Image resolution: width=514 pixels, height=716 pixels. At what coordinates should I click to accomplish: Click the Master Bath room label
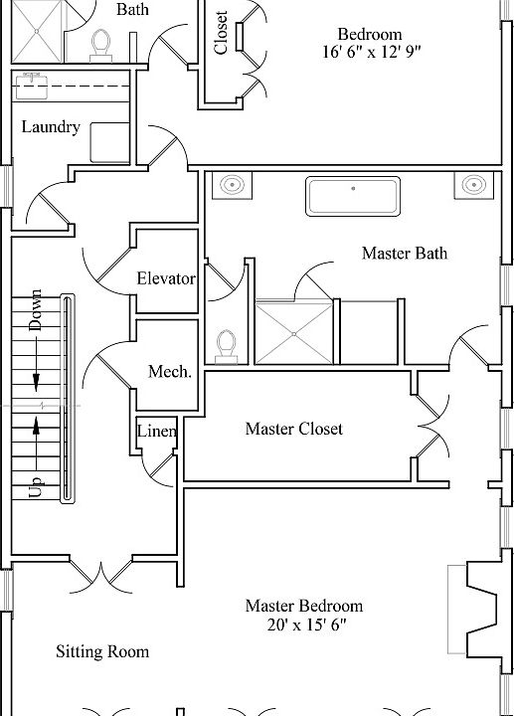[404, 254]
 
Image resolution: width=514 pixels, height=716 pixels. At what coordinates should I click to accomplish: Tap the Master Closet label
[293, 429]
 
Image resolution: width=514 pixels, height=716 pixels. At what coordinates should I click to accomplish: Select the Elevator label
[166, 278]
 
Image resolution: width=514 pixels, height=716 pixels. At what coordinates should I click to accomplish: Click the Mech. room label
[169, 371]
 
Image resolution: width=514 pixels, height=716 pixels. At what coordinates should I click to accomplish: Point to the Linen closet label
[157, 432]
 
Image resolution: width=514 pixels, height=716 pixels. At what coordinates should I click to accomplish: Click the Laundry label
[51, 127]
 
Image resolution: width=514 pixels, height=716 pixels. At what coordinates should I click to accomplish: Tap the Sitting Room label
[101, 651]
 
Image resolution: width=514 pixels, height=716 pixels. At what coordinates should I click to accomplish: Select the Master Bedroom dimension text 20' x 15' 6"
[303, 626]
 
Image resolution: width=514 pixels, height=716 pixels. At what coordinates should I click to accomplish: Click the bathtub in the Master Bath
[353, 196]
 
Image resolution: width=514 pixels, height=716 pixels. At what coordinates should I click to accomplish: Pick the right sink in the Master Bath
[474, 185]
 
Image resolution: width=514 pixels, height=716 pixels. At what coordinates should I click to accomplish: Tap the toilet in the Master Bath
[227, 344]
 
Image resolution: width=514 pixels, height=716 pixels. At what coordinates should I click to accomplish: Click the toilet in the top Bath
[100, 43]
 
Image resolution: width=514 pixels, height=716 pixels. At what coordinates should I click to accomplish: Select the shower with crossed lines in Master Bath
[294, 333]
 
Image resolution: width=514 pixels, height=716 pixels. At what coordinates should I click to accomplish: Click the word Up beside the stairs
[36, 485]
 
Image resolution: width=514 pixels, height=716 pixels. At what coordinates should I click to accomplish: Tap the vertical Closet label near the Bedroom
[221, 33]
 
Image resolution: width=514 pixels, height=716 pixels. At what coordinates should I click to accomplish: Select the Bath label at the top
[133, 10]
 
